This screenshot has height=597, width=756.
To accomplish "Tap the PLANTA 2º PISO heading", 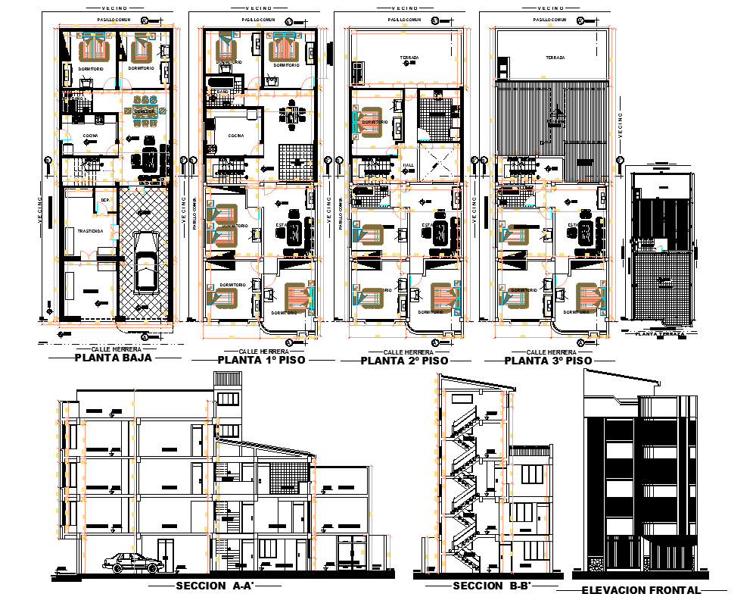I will click(404, 361).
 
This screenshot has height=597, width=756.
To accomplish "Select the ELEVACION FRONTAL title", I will click(641, 590).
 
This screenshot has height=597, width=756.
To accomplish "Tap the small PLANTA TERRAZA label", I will click(660, 333).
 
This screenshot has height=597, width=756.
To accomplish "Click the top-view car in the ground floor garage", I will click(146, 261).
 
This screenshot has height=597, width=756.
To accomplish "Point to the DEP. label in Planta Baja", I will click(104, 199).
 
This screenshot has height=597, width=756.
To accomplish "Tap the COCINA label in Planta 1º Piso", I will click(235, 136).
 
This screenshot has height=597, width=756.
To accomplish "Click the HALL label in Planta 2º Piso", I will click(409, 164).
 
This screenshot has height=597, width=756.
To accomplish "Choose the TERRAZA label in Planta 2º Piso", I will click(409, 58).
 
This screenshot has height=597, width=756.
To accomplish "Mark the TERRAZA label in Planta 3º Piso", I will click(554, 58).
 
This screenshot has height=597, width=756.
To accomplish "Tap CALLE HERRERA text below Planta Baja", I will click(113, 349).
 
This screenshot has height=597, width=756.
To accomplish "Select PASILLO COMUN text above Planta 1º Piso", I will click(258, 20).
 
